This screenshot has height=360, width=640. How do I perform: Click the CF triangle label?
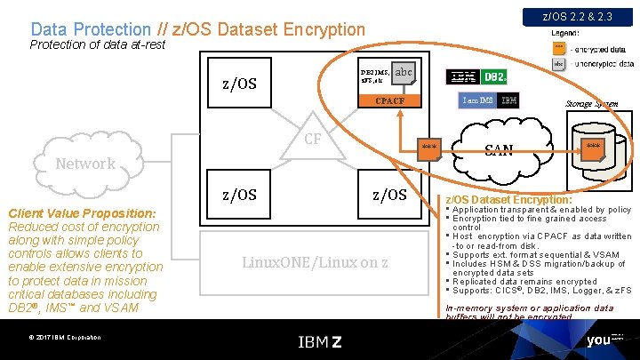point(313,139)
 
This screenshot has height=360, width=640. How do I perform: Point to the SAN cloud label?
point(499,149)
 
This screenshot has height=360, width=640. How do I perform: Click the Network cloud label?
point(85,164)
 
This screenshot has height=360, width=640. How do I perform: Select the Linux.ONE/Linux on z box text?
point(316,262)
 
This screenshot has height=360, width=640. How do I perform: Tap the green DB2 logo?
point(494,77)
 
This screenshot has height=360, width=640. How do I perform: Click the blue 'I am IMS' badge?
point(477,100)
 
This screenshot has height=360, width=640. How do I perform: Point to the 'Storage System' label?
point(592,104)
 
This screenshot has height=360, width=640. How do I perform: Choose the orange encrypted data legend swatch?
point(558,47)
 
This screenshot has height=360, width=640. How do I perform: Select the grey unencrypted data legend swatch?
point(558,64)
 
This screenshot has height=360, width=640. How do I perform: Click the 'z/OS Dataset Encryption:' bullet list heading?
point(508,200)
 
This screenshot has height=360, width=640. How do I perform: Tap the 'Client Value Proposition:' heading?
point(82,213)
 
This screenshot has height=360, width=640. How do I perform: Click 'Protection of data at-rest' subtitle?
point(98,44)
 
